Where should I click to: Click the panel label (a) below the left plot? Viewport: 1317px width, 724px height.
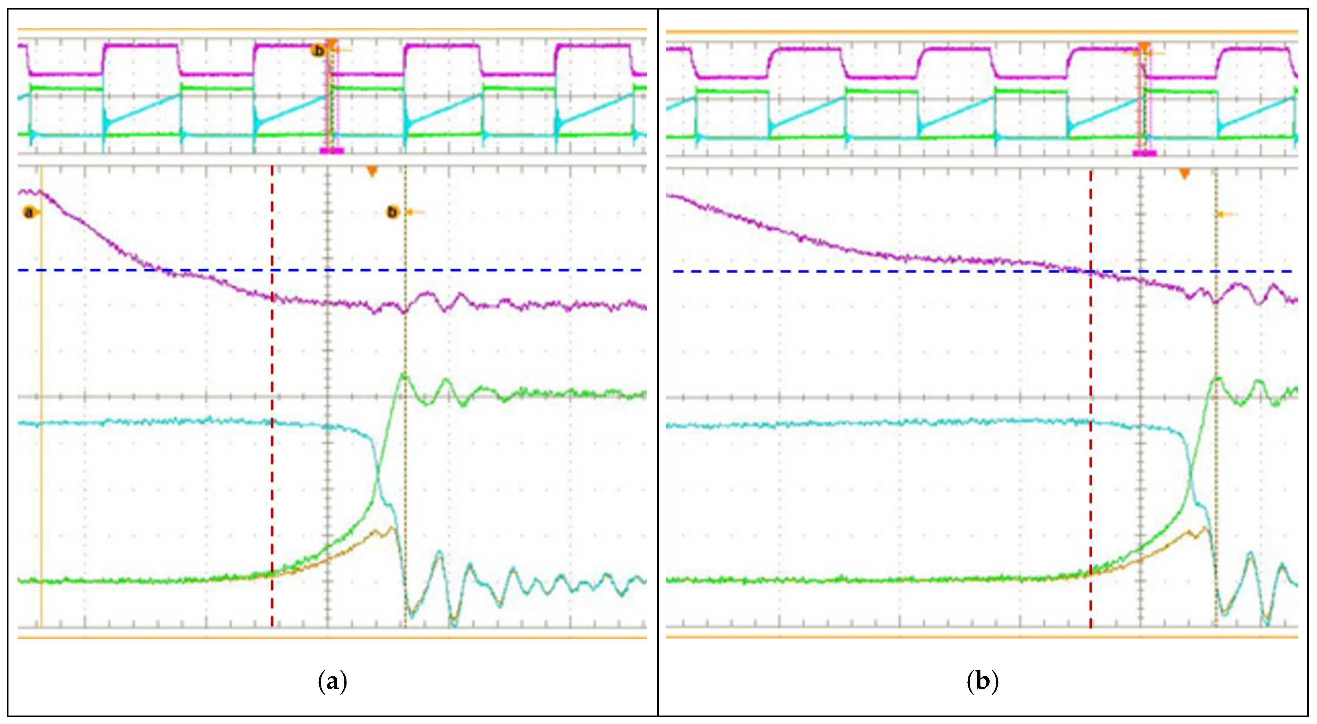(x=332, y=682)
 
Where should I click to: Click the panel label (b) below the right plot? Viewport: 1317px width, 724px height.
(x=982, y=682)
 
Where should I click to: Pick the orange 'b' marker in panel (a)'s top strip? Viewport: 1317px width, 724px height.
(x=319, y=51)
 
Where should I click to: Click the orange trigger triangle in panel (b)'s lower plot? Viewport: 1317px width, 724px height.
(x=1185, y=174)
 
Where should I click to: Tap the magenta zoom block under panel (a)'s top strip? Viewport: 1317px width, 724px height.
(x=332, y=150)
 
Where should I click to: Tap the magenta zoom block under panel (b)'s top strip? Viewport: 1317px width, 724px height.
(x=1144, y=152)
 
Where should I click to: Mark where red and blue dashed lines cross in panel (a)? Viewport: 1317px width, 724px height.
(x=272, y=269)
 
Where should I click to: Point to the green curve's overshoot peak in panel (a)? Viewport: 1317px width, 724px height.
(x=404, y=376)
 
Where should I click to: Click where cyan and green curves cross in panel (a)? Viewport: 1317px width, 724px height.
(x=378, y=476)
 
